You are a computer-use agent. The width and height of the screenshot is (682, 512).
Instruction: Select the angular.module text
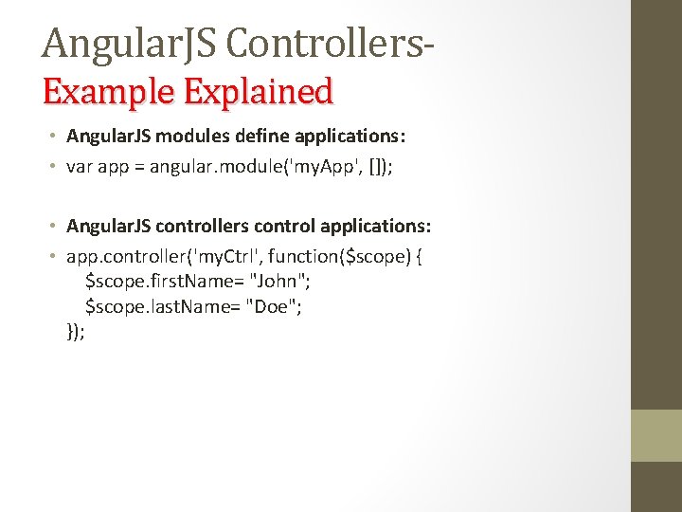(205, 167)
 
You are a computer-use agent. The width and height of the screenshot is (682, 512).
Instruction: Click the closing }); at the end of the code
(76, 331)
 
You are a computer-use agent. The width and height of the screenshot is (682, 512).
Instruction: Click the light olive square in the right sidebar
(656, 435)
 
